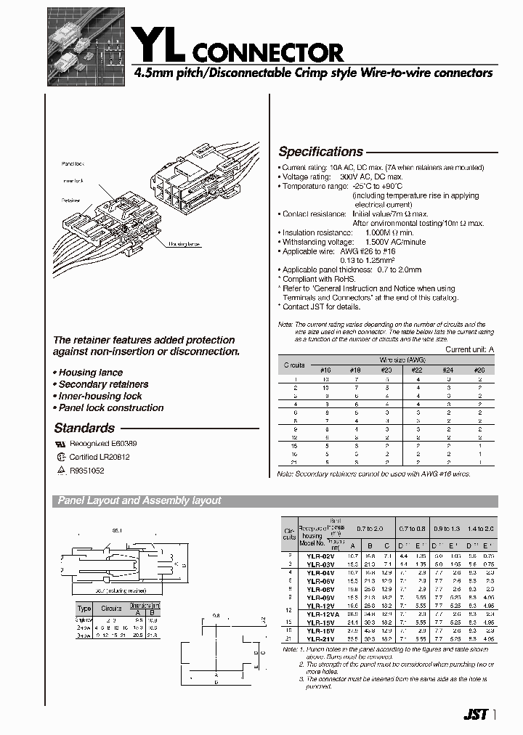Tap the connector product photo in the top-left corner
click(x=85, y=46)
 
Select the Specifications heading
click(x=320, y=152)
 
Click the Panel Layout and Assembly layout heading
click(x=139, y=500)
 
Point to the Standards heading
click(x=84, y=429)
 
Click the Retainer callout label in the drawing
click(x=70, y=200)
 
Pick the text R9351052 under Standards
click(x=86, y=471)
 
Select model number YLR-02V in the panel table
click(x=320, y=555)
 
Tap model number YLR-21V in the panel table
click(x=320, y=639)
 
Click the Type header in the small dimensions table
click(x=84, y=608)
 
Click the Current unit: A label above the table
click(x=469, y=349)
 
